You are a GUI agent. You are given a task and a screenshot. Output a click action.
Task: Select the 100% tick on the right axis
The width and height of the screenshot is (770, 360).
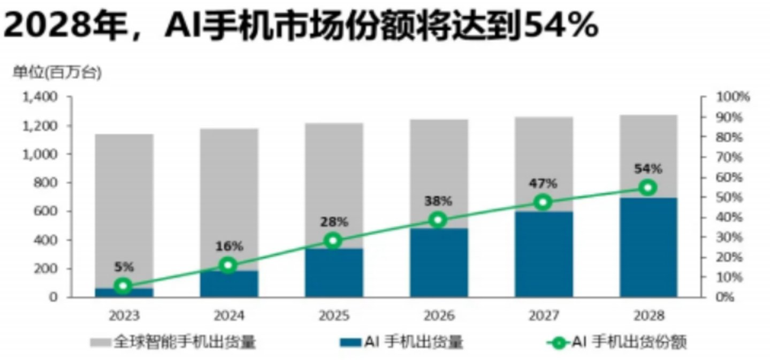click(733, 97)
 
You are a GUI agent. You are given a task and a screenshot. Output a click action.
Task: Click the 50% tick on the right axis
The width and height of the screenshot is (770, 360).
click(731, 197)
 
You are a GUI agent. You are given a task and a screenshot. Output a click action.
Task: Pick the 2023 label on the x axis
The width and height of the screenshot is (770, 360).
click(124, 315)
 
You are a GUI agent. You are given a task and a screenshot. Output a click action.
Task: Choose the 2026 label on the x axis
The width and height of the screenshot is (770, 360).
click(439, 315)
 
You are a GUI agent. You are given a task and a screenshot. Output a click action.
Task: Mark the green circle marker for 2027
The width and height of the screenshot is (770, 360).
click(543, 202)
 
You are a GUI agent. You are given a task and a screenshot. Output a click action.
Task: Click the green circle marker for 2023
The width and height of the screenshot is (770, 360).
click(124, 286)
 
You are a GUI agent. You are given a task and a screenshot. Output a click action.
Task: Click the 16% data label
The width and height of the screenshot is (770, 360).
click(229, 247)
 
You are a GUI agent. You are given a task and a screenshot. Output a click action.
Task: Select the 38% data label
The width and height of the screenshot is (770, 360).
click(439, 201)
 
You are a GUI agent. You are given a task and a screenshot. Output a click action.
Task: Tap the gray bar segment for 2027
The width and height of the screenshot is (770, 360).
click(543, 160)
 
